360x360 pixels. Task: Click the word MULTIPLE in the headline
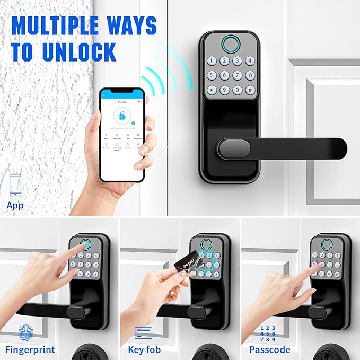coord(56,27)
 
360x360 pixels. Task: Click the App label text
coord(15,205)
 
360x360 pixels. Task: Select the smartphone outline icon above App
coord(15,186)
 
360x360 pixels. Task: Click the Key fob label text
coord(144,349)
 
